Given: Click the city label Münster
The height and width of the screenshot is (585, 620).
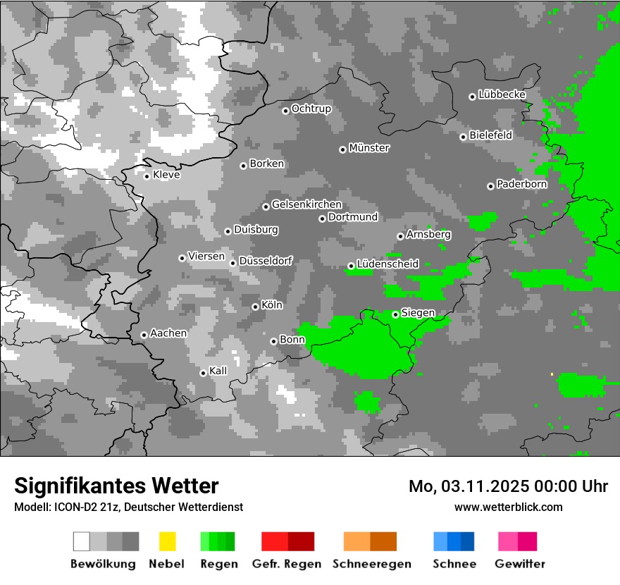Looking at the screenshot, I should tap(369, 148).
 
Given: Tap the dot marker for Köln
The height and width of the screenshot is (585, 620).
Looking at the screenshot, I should tap(255, 307).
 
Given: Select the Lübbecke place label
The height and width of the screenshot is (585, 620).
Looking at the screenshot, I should tap(502, 94).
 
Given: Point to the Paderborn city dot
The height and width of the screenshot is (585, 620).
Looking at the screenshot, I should tap(490, 186).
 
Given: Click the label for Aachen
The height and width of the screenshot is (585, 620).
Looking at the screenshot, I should tap(168, 333).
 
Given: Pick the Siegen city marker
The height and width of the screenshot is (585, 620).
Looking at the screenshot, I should tap(395, 314).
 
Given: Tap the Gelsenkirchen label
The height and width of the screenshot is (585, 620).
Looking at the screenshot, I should tap(306, 204).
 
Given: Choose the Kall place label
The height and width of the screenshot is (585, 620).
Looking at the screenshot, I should tap(218, 371).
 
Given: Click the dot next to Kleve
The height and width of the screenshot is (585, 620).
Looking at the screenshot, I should tap(147, 176).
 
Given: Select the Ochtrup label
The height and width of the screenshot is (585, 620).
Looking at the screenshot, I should tap(311, 109).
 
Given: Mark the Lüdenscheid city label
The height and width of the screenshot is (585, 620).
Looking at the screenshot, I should tap(387, 264).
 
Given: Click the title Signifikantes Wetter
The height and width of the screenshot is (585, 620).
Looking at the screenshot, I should tap(116, 486).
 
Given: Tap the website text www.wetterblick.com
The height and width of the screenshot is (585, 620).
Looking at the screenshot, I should tap(508, 507).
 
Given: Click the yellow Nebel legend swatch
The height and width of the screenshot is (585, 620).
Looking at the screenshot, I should tap(167, 541).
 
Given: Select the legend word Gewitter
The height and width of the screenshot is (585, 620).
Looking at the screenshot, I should tap(519, 564).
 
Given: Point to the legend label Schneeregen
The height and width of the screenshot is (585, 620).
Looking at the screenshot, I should tap(372, 564).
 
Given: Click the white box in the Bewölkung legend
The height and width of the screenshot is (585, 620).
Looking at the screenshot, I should tap(82, 541).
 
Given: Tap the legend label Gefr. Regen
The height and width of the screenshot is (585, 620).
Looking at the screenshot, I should tap(287, 564).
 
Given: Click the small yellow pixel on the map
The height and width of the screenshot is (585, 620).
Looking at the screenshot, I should tap(552, 374).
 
